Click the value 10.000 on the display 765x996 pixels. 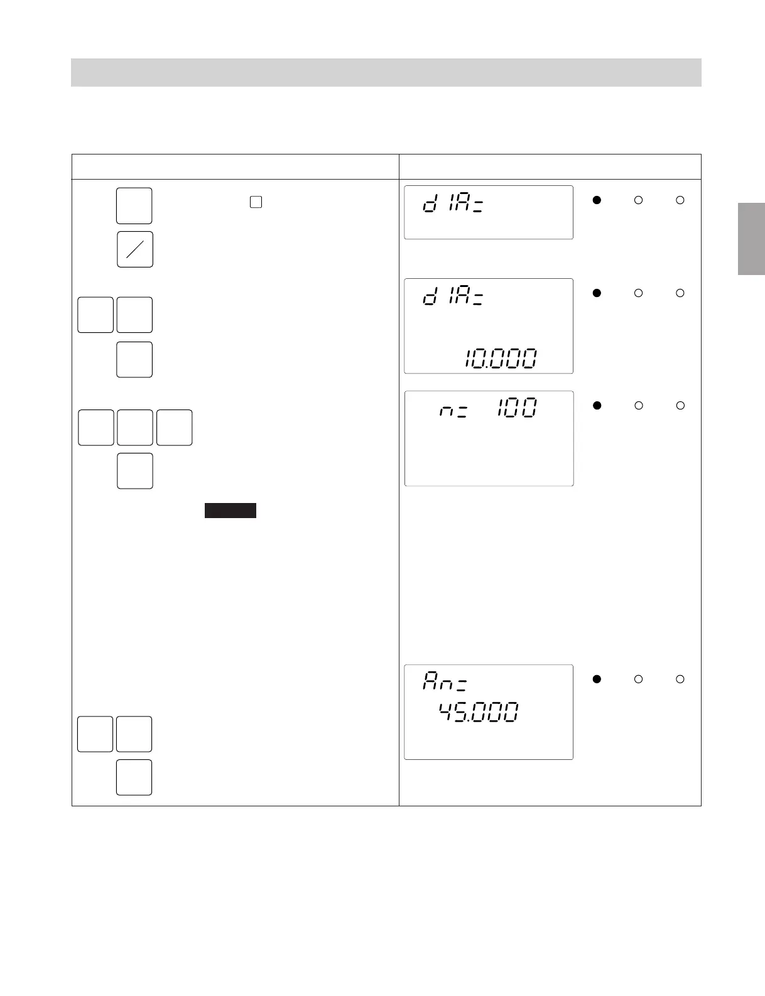pyautogui.click(x=501, y=359)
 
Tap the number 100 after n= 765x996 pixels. pyautogui.click(x=518, y=408)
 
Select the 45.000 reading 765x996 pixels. pyautogui.click(x=479, y=712)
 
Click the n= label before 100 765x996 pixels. pyautogui.click(x=453, y=411)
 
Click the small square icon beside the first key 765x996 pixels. pyautogui.click(x=256, y=202)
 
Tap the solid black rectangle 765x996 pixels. pyautogui.click(x=231, y=510)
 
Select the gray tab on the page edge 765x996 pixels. pyautogui.click(x=751, y=239)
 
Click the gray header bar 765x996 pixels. pyautogui.click(x=386, y=72)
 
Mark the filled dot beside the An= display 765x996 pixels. pyautogui.click(x=597, y=679)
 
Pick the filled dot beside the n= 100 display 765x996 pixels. pyautogui.click(x=597, y=406)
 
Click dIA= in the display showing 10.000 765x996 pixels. pyautogui.click(x=453, y=296)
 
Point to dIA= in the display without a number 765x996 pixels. pyautogui.click(x=453, y=203)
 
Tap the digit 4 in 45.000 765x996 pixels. pyautogui.click(x=447, y=712)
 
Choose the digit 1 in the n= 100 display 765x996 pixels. pyautogui.click(x=500, y=408)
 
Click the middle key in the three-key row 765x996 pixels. pyautogui.click(x=135, y=428)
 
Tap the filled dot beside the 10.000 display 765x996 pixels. pyautogui.click(x=597, y=293)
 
